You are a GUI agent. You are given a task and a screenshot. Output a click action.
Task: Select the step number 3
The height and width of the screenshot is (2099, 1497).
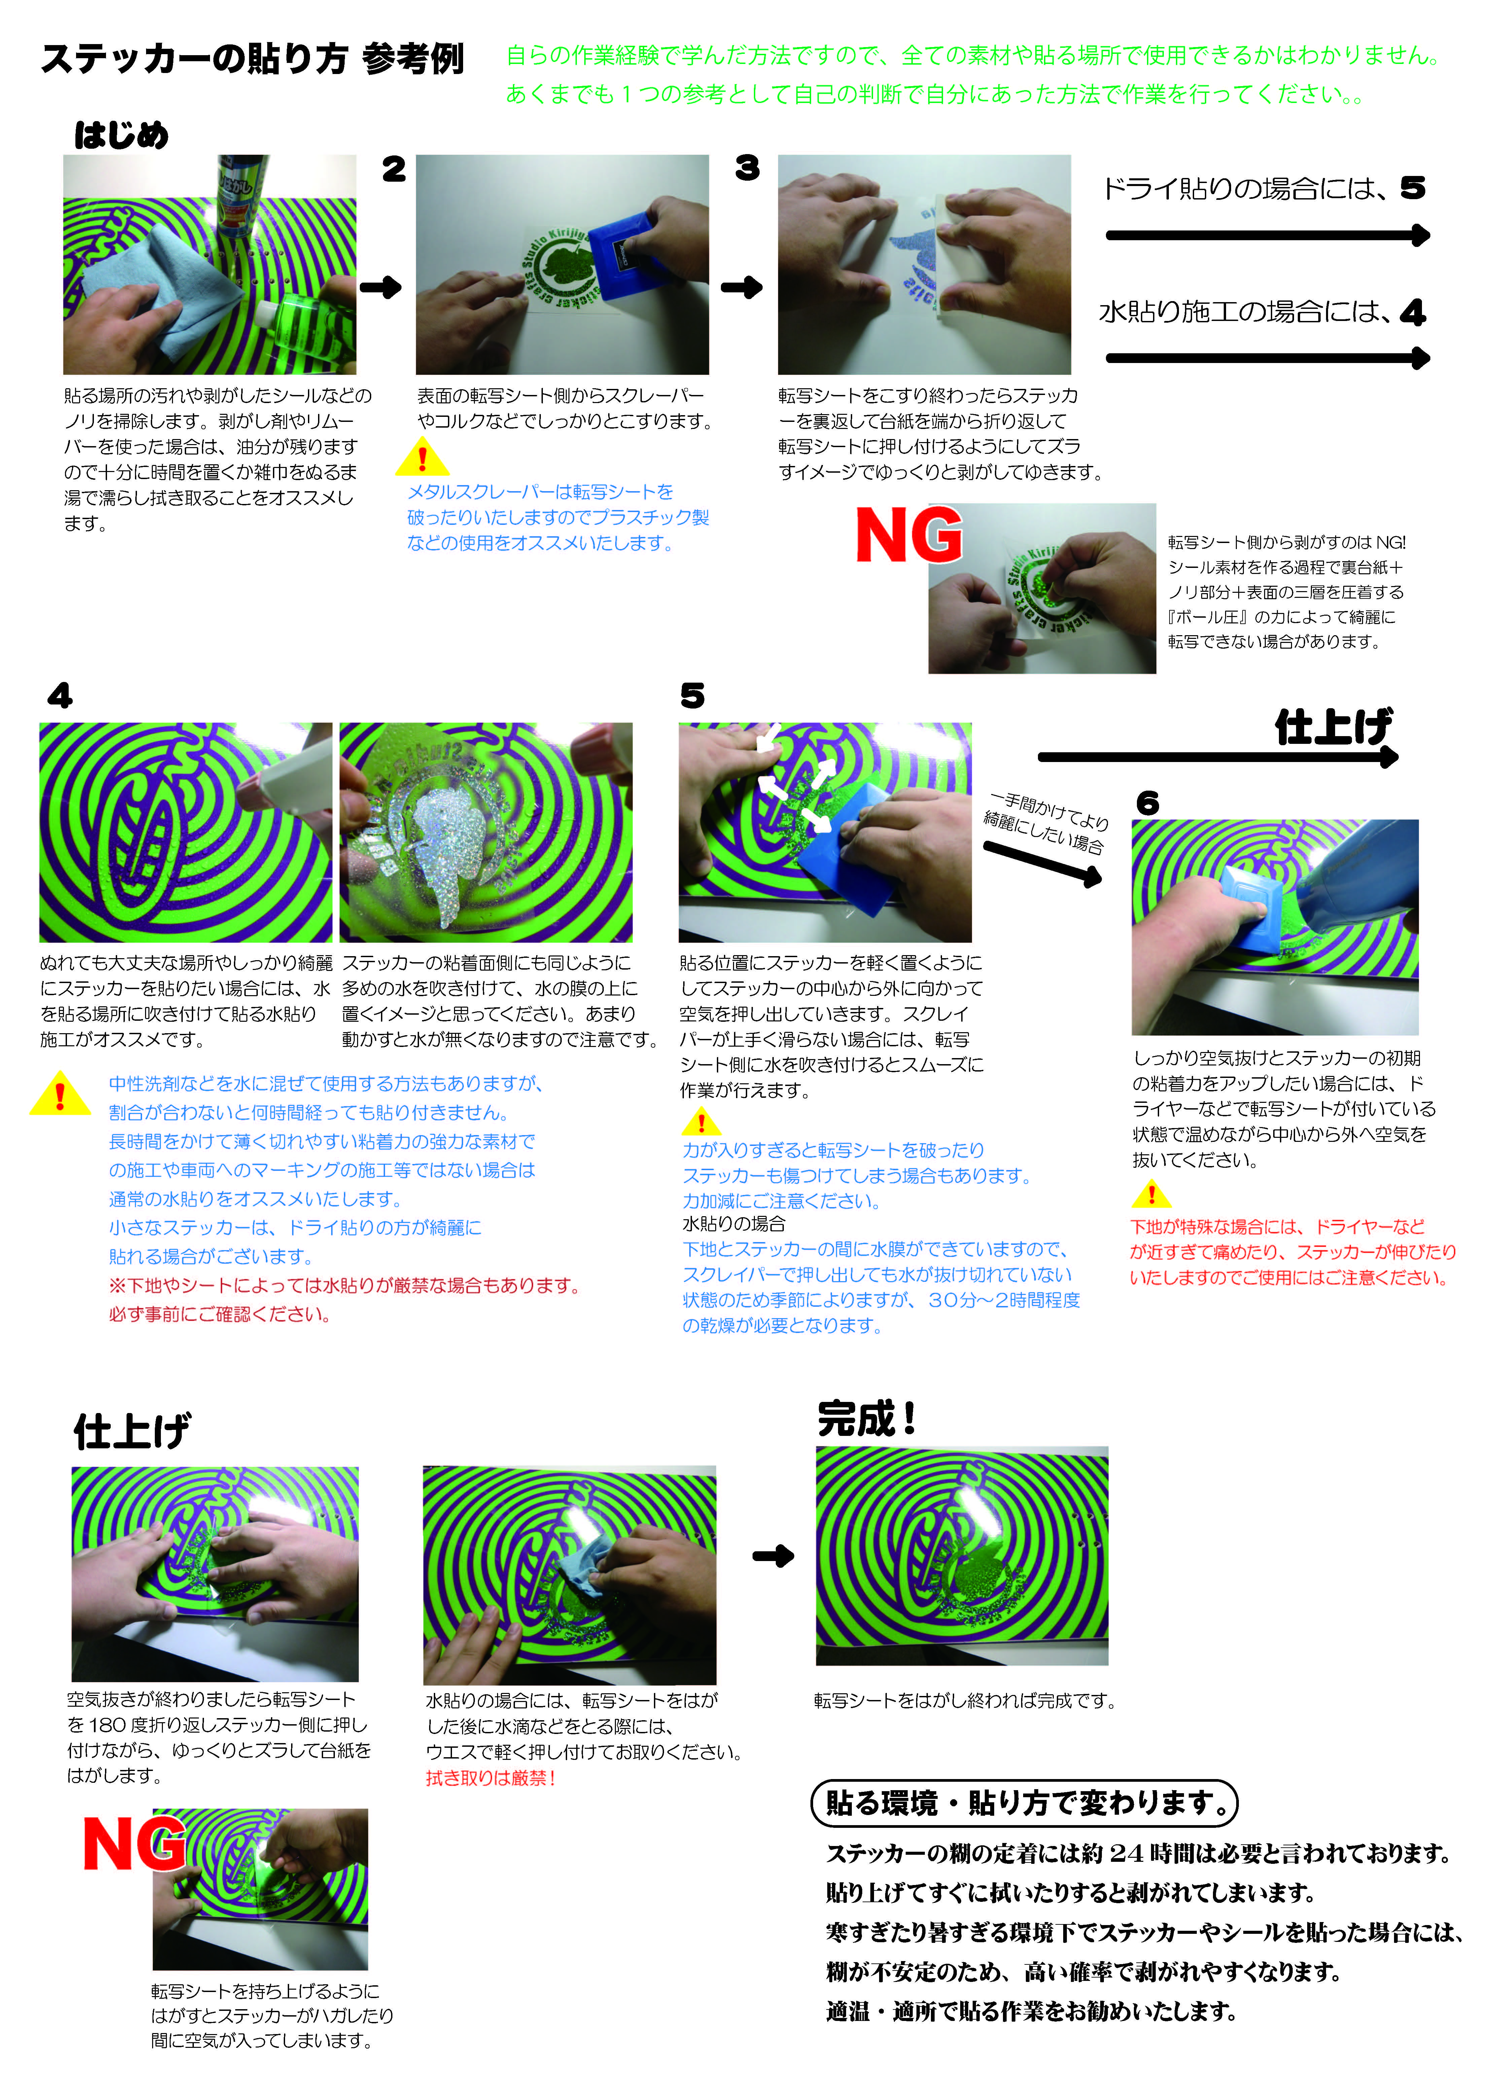(747, 168)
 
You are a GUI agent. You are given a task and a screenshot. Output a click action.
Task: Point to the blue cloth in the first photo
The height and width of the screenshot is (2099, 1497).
(175, 277)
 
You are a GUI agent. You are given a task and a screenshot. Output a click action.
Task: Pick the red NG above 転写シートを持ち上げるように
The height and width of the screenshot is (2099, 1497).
(135, 1843)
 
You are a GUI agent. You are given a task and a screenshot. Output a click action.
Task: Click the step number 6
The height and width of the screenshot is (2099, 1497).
(1148, 803)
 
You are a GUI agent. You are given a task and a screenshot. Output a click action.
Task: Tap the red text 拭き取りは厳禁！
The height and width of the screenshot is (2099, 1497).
(490, 1778)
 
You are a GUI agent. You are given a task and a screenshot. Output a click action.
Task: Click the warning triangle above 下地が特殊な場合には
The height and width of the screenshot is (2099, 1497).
(1151, 1195)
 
